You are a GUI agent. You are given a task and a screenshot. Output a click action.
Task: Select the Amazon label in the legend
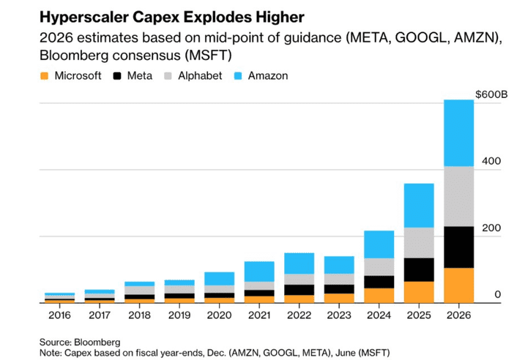[267, 76]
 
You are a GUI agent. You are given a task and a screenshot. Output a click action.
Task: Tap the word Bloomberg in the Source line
[97, 342]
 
